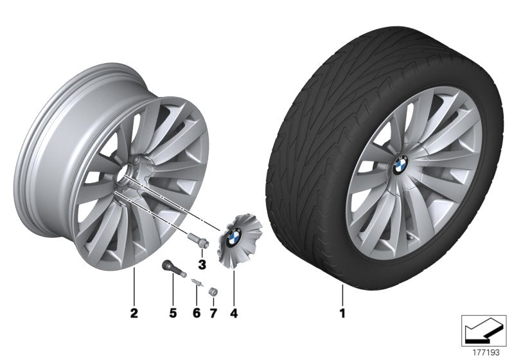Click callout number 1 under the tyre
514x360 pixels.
[x=343, y=314]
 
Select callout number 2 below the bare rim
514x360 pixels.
[x=134, y=314]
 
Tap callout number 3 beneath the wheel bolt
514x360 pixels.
[x=201, y=264]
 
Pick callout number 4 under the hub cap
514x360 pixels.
[x=234, y=314]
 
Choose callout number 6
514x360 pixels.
[x=197, y=314]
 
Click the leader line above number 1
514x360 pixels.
[x=343, y=294]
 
